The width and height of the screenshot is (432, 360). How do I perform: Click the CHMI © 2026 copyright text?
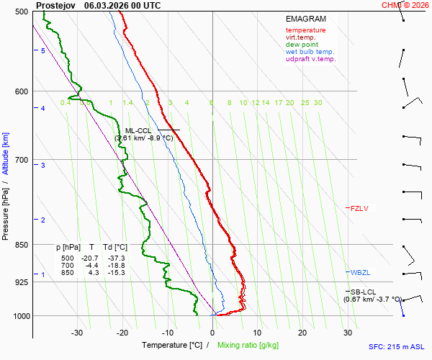click(405, 4)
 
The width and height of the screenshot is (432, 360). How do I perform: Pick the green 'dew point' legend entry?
click(302, 45)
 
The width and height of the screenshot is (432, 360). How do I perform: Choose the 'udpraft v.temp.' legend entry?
click(310, 59)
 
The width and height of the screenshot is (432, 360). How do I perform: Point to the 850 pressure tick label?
click(21, 245)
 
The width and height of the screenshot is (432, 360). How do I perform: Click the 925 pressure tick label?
click(21, 282)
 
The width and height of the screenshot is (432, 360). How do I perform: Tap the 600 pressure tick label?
click(21, 91)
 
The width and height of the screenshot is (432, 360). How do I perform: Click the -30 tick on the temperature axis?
click(77, 333)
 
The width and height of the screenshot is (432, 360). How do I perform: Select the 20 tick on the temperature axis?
click(302, 333)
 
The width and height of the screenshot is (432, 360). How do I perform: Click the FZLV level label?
click(359, 209)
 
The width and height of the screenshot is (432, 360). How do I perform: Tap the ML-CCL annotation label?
click(138, 130)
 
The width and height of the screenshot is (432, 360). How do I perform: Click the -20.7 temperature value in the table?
click(90, 258)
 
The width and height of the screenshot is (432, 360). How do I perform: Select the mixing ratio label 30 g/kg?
click(318, 103)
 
